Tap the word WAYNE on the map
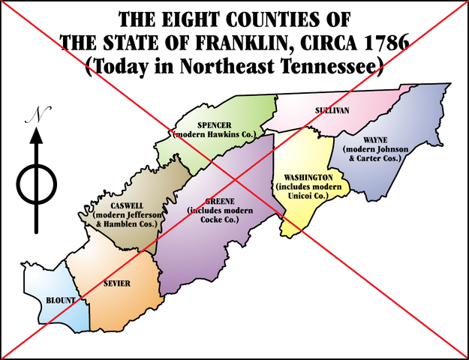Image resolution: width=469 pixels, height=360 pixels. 374,140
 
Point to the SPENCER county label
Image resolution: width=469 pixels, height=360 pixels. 215,125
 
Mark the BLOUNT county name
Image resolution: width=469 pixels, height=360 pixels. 60,300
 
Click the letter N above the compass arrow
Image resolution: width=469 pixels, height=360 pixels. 35,115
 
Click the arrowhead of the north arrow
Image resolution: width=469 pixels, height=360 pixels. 36,138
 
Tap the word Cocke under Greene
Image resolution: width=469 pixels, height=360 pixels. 215,220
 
